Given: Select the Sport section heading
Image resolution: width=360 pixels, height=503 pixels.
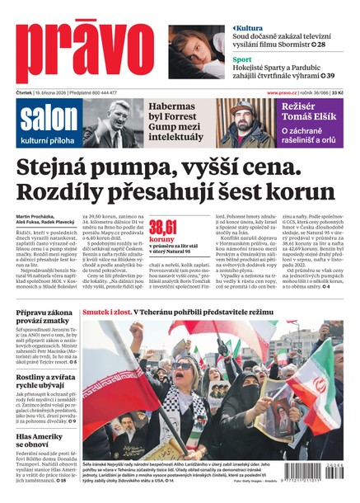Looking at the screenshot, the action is tap(241, 60).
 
